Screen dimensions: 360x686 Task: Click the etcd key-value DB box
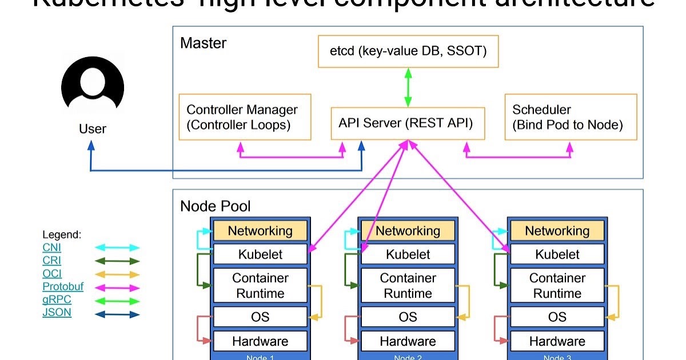tap(408, 51)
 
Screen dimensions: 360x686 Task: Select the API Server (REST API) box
tap(408, 123)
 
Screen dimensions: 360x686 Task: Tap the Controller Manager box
tap(245, 117)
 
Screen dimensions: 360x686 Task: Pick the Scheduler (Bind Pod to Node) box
tap(571, 117)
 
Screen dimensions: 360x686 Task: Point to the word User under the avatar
tap(93, 129)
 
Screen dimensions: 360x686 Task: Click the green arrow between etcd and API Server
tap(408, 87)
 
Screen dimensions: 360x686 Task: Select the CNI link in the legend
tap(51, 247)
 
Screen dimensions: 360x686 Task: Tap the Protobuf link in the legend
tap(62, 287)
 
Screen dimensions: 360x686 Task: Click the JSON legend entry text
tap(57, 313)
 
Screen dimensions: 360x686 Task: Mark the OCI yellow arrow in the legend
tap(117, 274)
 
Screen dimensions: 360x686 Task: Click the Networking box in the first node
tap(260, 231)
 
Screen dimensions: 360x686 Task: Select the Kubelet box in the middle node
tap(408, 254)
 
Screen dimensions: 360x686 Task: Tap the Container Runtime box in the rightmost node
tap(557, 286)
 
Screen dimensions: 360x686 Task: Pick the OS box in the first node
tap(260, 317)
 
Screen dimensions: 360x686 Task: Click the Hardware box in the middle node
tap(408, 341)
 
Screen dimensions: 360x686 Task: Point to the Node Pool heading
tap(216, 206)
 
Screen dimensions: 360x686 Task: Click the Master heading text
tap(203, 43)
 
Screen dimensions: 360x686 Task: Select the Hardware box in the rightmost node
tap(557, 341)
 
